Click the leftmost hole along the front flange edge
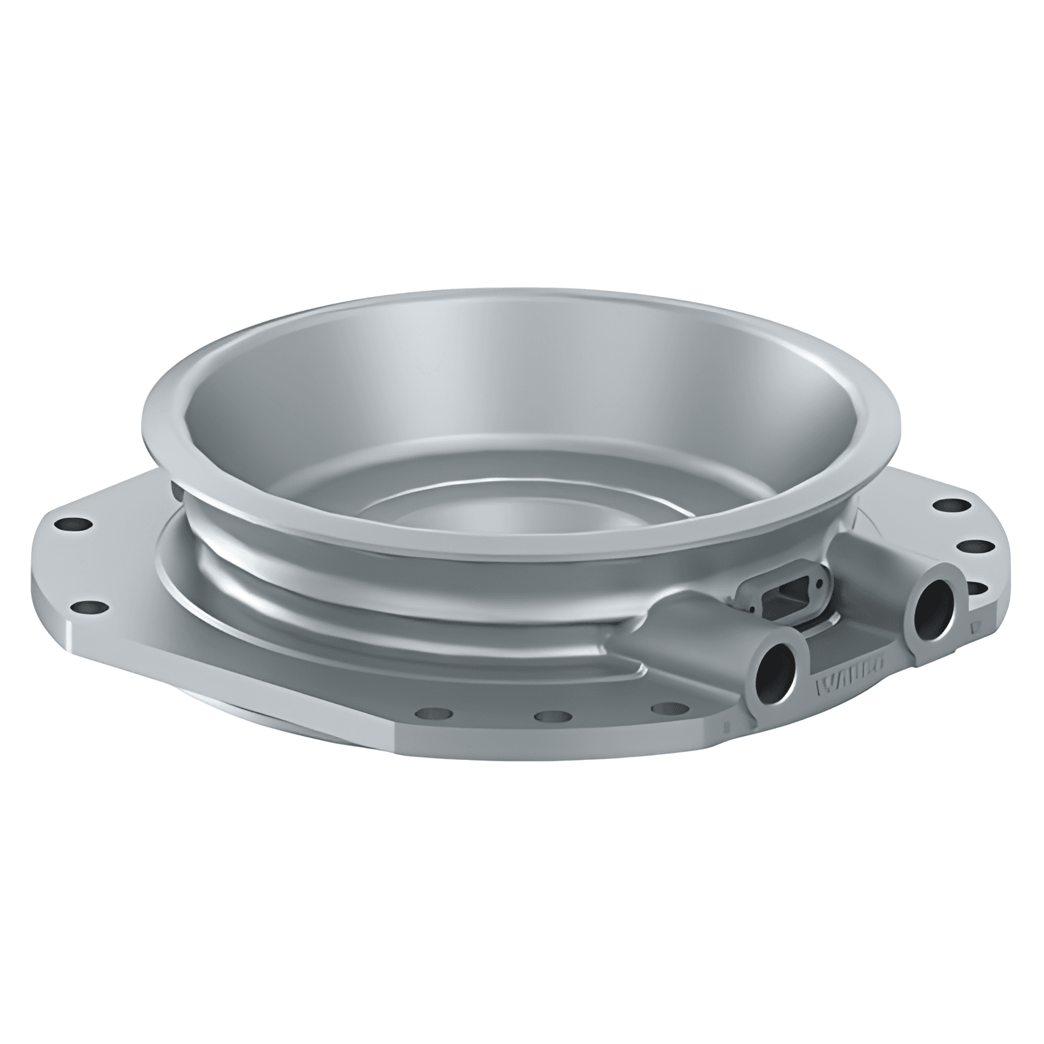point(426,713)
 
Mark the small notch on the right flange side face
point(974,628)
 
